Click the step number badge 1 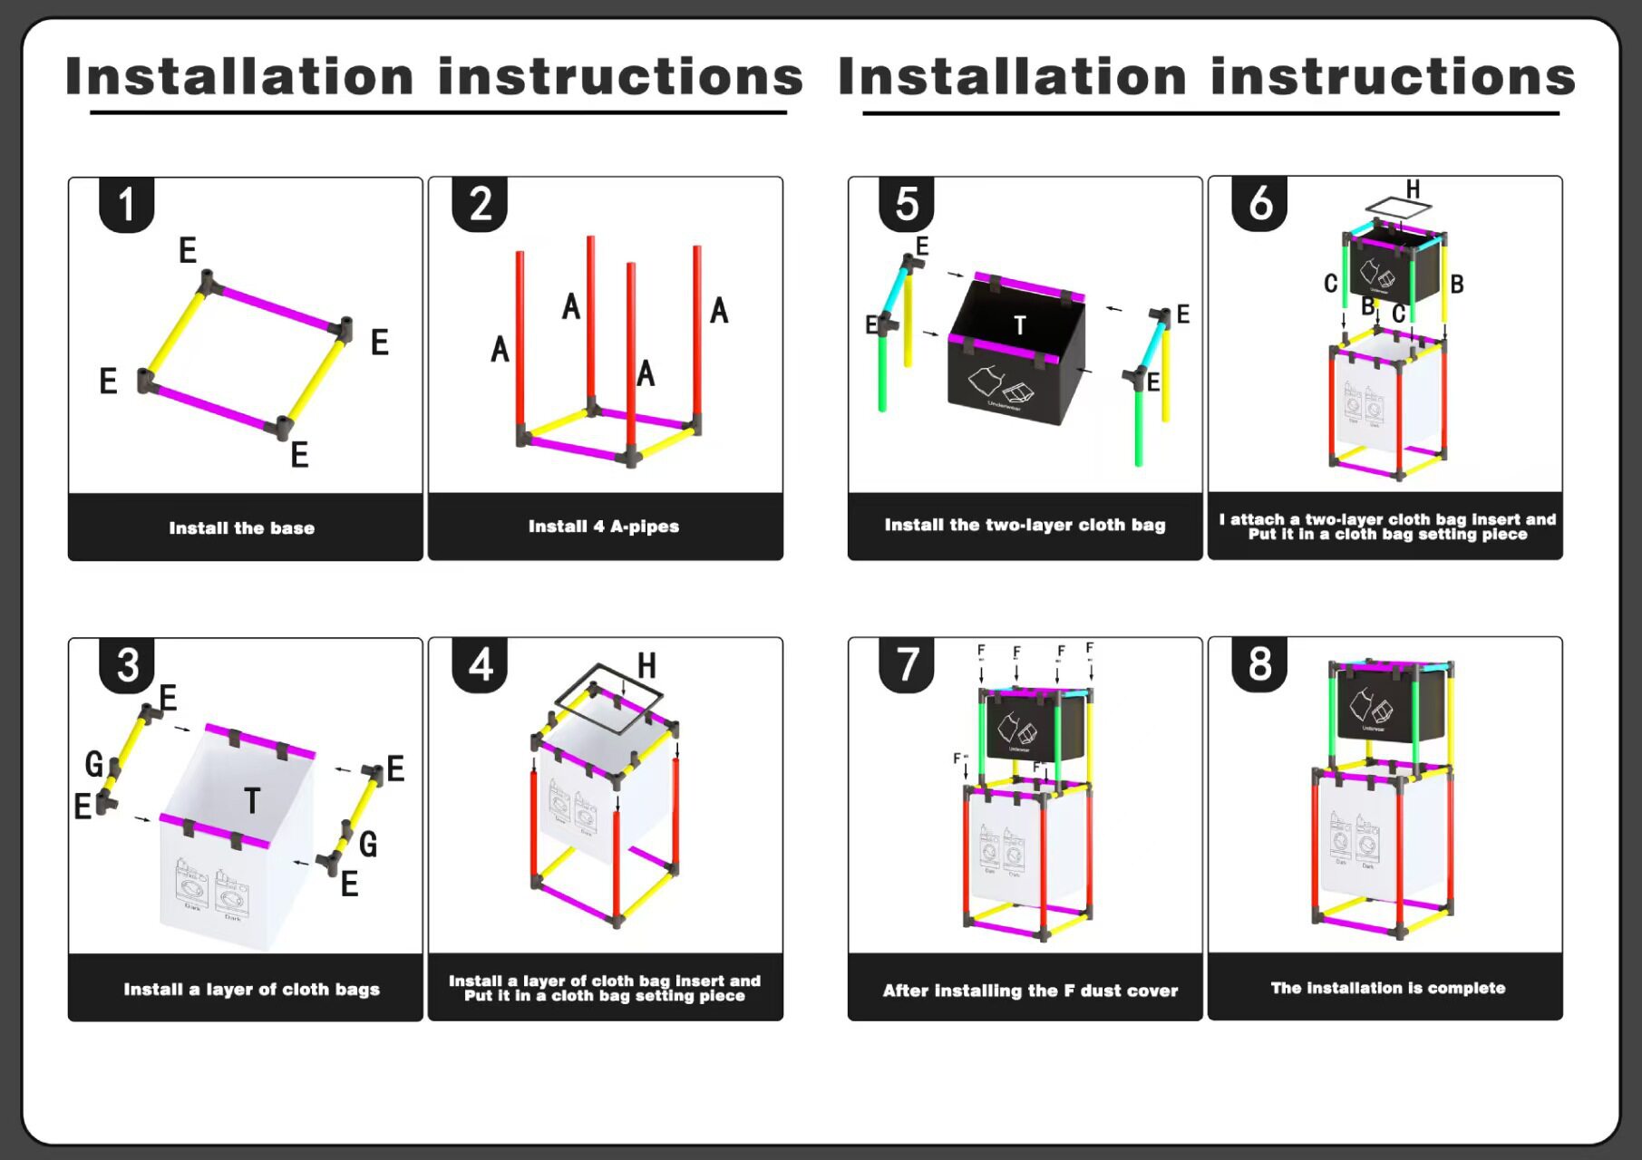click(x=126, y=204)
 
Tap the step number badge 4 click(x=480, y=664)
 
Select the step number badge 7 click(x=907, y=664)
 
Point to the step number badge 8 click(x=1259, y=664)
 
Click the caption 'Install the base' click(x=242, y=528)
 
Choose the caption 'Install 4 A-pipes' click(x=604, y=527)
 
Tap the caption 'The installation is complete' click(x=1387, y=988)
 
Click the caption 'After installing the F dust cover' click(x=1030, y=991)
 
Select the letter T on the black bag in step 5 click(x=1020, y=325)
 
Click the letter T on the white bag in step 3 click(x=252, y=800)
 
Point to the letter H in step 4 click(x=646, y=666)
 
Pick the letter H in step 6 click(x=1413, y=189)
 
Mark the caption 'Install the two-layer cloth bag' click(x=1025, y=525)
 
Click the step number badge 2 click(x=480, y=204)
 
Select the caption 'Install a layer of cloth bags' click(x=251, y=989)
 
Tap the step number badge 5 click(x=907, y=204)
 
